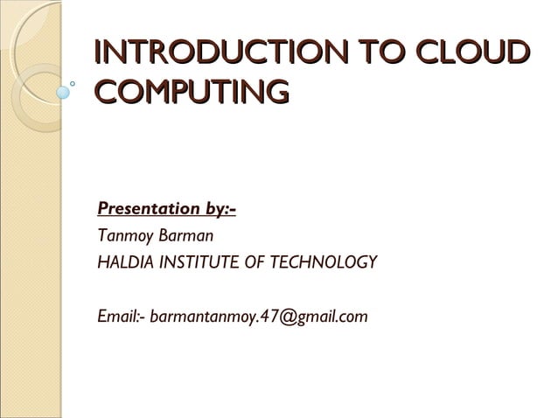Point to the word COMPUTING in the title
[192, 90]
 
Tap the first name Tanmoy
[123, 236]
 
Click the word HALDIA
[123, 262]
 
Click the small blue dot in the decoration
[62, 89]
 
